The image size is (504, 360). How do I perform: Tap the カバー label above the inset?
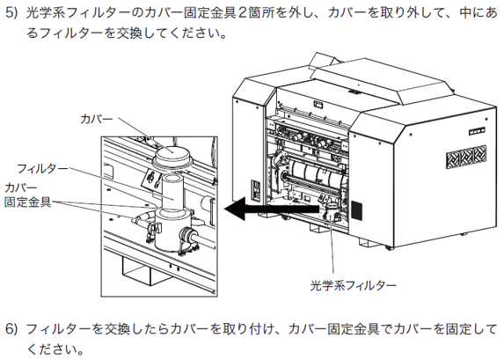point(97,119)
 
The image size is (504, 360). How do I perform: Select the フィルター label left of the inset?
point(42,169)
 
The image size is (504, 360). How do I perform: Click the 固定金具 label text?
point(28,202)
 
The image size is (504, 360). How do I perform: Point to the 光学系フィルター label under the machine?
point(353,285)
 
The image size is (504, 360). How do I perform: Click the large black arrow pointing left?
point(273,209)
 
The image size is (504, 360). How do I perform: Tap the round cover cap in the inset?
point(172,155)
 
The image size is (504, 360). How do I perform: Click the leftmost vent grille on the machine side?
point(453,160)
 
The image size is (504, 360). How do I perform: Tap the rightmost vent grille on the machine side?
point(479,155)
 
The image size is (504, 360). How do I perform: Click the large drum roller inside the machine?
point(317,175)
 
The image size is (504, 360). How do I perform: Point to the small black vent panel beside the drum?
point(356,210)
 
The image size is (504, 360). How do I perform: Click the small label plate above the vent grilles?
point(477,130)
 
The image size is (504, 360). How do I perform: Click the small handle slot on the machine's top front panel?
point(318,104)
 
